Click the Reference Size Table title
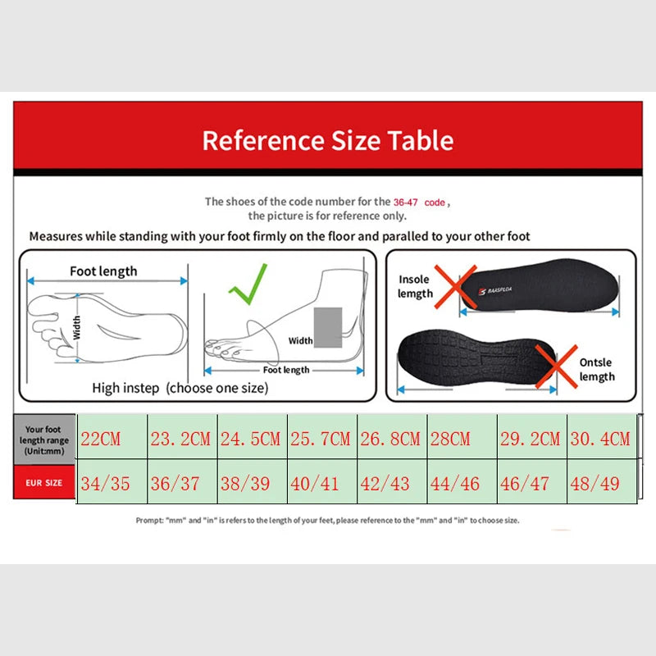tap(327, 140)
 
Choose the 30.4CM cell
tap(600, 439)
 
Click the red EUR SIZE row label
tap(43, 483)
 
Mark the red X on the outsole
tap(556, 366)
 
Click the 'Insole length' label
tap(415, 286)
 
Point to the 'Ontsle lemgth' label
tap(596, 369)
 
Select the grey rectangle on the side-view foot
tap(328, 327)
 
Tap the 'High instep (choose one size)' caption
tap(180, 388)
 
